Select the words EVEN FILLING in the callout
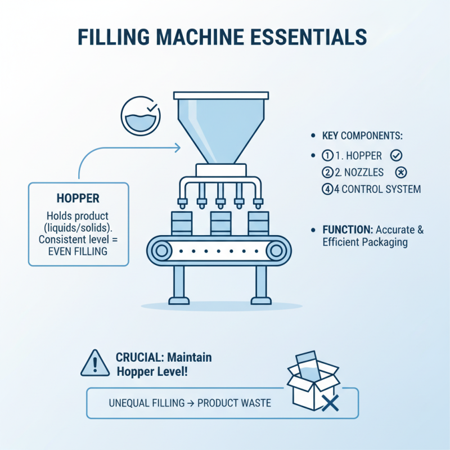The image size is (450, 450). (79, 251)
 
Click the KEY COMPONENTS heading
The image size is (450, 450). (363, 137)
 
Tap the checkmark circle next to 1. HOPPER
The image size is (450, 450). (395, 155)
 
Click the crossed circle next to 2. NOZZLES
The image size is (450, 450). (402, 172)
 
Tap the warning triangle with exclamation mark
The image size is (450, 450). (95, 363)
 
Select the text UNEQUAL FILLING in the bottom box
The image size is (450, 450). (142, 403)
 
